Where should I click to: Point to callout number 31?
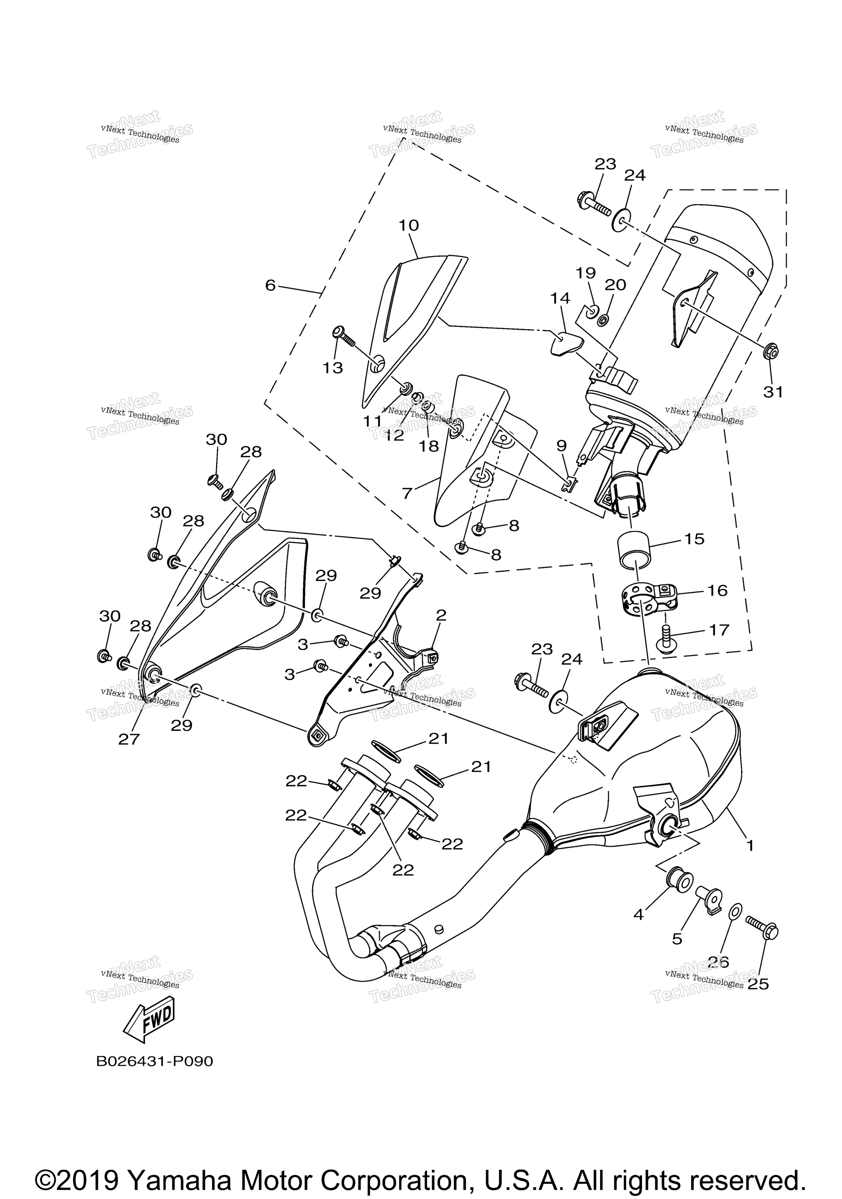773,392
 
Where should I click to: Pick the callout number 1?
750,845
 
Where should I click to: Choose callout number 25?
758,984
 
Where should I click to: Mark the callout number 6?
270,285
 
